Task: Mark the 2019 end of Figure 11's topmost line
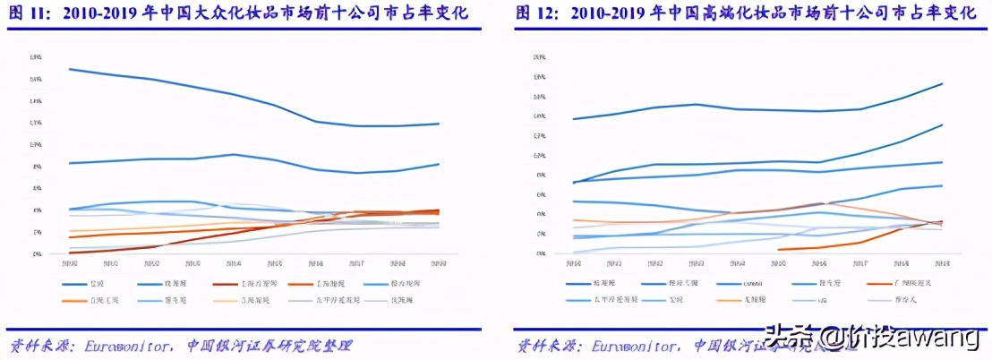439,124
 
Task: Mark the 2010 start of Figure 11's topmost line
69,69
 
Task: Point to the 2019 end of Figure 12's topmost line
943,83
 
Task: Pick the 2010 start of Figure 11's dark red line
69,253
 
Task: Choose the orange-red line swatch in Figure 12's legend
881,283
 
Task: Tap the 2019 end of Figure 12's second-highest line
943,124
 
